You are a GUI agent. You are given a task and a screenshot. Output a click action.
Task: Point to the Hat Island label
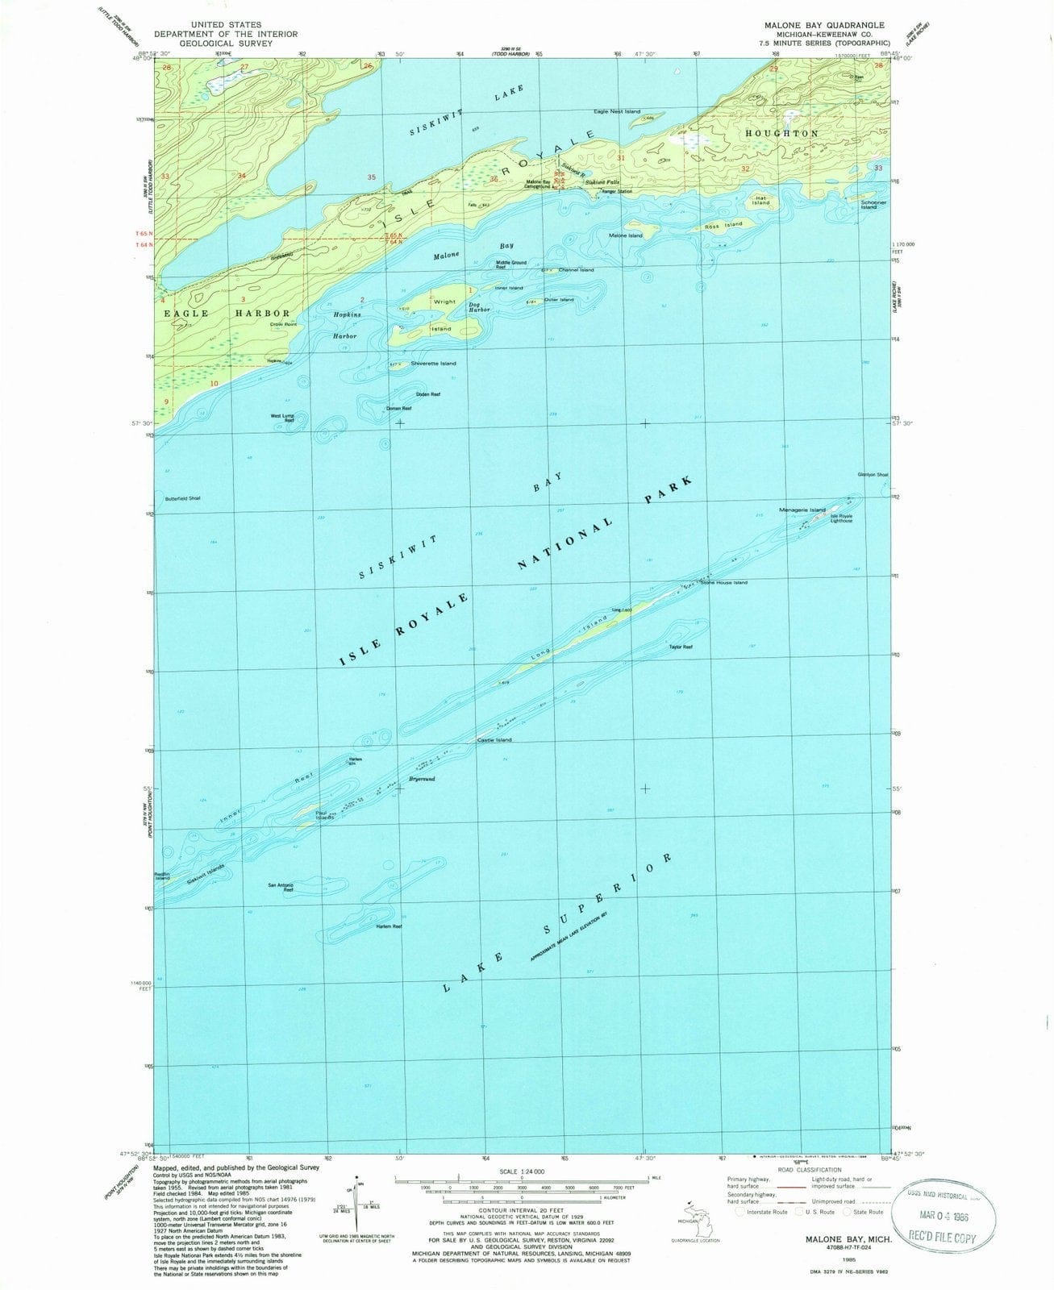[761, 200]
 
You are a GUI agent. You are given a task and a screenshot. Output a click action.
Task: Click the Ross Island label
[723, 225]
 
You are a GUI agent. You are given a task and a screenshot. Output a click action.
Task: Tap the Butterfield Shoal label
[183, 497]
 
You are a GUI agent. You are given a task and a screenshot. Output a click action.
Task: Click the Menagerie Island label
[802, 510]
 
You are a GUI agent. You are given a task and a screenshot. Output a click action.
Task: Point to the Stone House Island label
[724, 582]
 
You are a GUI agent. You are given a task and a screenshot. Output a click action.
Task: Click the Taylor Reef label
[681, 647]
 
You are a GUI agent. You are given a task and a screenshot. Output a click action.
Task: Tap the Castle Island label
[494, 739]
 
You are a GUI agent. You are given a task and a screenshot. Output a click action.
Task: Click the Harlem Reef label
[389, 926]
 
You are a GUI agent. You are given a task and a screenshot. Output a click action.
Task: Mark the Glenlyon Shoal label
[873, 475]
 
